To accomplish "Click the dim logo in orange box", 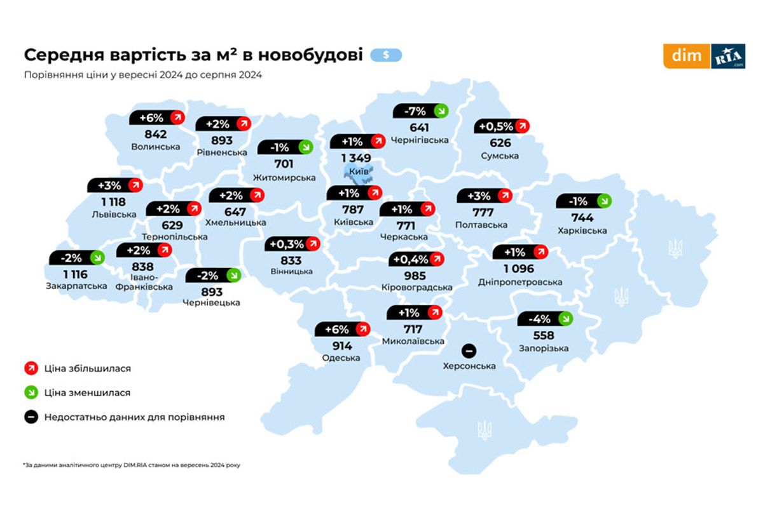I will click(x=686, y=56).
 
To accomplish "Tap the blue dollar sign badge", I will click(x=386, y=55).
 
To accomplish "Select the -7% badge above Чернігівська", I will click(x=420, y=110).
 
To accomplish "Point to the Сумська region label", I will click(x=500, y=156).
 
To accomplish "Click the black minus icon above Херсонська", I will click(x=469, y=351).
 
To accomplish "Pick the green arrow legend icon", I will click(x=31, y=392).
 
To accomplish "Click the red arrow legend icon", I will click(x=31, y=368).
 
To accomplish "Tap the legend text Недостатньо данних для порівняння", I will click(x=134, y=417).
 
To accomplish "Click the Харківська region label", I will click(x=581, y=231).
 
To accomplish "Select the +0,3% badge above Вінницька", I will click(x=293, y=244).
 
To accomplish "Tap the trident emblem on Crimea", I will click(x=485, y=430).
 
